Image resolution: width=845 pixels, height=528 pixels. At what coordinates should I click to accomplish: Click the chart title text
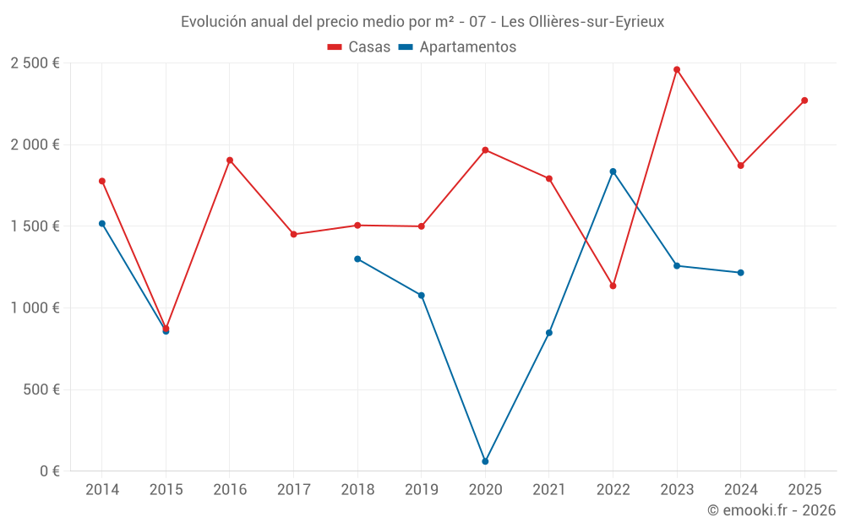[x=422, y=22]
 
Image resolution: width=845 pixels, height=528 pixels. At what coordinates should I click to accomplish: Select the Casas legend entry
[x=359, y=47]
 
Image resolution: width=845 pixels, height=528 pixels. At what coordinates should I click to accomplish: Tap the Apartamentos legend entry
[x=457, y=47]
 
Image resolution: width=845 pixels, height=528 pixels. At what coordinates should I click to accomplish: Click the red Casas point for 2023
[x=677, y=69]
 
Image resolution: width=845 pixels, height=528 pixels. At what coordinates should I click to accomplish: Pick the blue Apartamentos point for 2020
[x=485, y=461]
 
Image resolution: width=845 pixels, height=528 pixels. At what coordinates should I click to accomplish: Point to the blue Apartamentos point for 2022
[x=613, y=171]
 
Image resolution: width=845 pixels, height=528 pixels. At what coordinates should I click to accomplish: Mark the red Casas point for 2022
[x=613, y=286]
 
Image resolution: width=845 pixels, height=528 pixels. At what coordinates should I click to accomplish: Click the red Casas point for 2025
[x=804, y=101]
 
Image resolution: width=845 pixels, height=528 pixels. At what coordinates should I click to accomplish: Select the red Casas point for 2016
[x=230, y=160]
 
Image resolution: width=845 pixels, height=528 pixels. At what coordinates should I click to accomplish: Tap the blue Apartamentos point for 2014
[x=102, y=224]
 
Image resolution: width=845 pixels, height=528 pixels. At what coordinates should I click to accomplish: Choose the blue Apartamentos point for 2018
[x=357, y=259]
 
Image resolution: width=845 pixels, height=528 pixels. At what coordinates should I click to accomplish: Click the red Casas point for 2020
[x=485, y=150]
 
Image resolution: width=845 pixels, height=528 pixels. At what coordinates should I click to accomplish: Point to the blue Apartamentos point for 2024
[x=741, y=273]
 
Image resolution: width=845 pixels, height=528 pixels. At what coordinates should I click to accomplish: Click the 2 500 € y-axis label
[x=35, y=63]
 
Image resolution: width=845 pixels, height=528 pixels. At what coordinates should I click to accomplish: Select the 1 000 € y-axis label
[x=35, y=308]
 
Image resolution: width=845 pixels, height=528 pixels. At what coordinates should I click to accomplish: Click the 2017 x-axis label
[x=293, y=490]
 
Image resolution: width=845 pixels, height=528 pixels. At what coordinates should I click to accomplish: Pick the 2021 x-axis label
[x=549, y=490]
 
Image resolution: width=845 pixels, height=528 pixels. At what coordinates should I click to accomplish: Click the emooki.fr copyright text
[x=771, y=510]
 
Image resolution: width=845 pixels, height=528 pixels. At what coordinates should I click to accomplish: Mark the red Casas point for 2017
[x=293, y=234]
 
